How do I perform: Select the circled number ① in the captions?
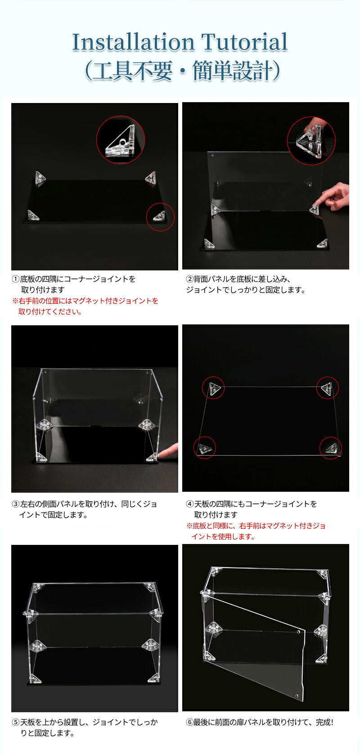click(x=16, y=279)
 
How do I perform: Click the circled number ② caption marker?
click(x=189, y=279)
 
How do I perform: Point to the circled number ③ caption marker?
click(x=16, y=504)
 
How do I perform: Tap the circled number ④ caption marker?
click(x=189, y=504)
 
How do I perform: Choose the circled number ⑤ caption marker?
click(x=16, y=723)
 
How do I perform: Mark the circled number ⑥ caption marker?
click(x=189, y=723)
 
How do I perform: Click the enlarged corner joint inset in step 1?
click(x=121, y=140)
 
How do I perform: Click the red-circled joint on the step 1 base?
click(x=160, y=217)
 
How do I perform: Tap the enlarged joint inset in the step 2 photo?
click(x=311, y=140)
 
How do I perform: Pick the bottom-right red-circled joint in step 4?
click(x=331, y=448)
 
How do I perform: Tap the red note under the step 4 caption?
click(x=256, y=531)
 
